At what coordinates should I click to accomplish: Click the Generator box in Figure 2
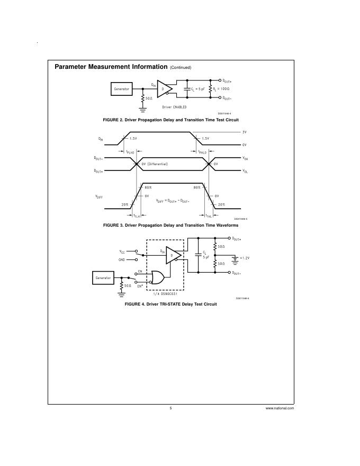click(x=122, y=89)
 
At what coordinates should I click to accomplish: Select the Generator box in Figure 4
click(x=103, y=277)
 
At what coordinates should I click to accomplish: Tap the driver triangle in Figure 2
click(x=165, y=88)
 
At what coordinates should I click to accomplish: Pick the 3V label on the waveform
click(x=244, y=132)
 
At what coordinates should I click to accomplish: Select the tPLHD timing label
click(x=131, y=152)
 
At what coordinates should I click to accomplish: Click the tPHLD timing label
click(x=203, y=152)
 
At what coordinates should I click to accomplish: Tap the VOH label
click(x=245, y=158)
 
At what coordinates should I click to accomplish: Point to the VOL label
click(x=245, y=171)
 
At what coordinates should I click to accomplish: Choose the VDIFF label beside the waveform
click(x=98, y=196)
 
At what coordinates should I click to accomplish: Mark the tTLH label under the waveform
click(x=137, y=216)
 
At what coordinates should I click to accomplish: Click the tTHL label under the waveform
click(x=209, y=216)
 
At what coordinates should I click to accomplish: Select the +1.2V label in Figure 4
click(x=244, y=258)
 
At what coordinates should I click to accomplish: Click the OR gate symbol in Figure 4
click(x=158, y=277)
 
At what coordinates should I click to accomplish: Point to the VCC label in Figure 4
click(x=122, y=252)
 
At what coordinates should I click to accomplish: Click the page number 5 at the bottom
click(x=171, y=408)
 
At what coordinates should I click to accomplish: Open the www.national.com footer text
click(x=280, y=408)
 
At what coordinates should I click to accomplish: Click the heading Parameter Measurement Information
click(x=111, y=67)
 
